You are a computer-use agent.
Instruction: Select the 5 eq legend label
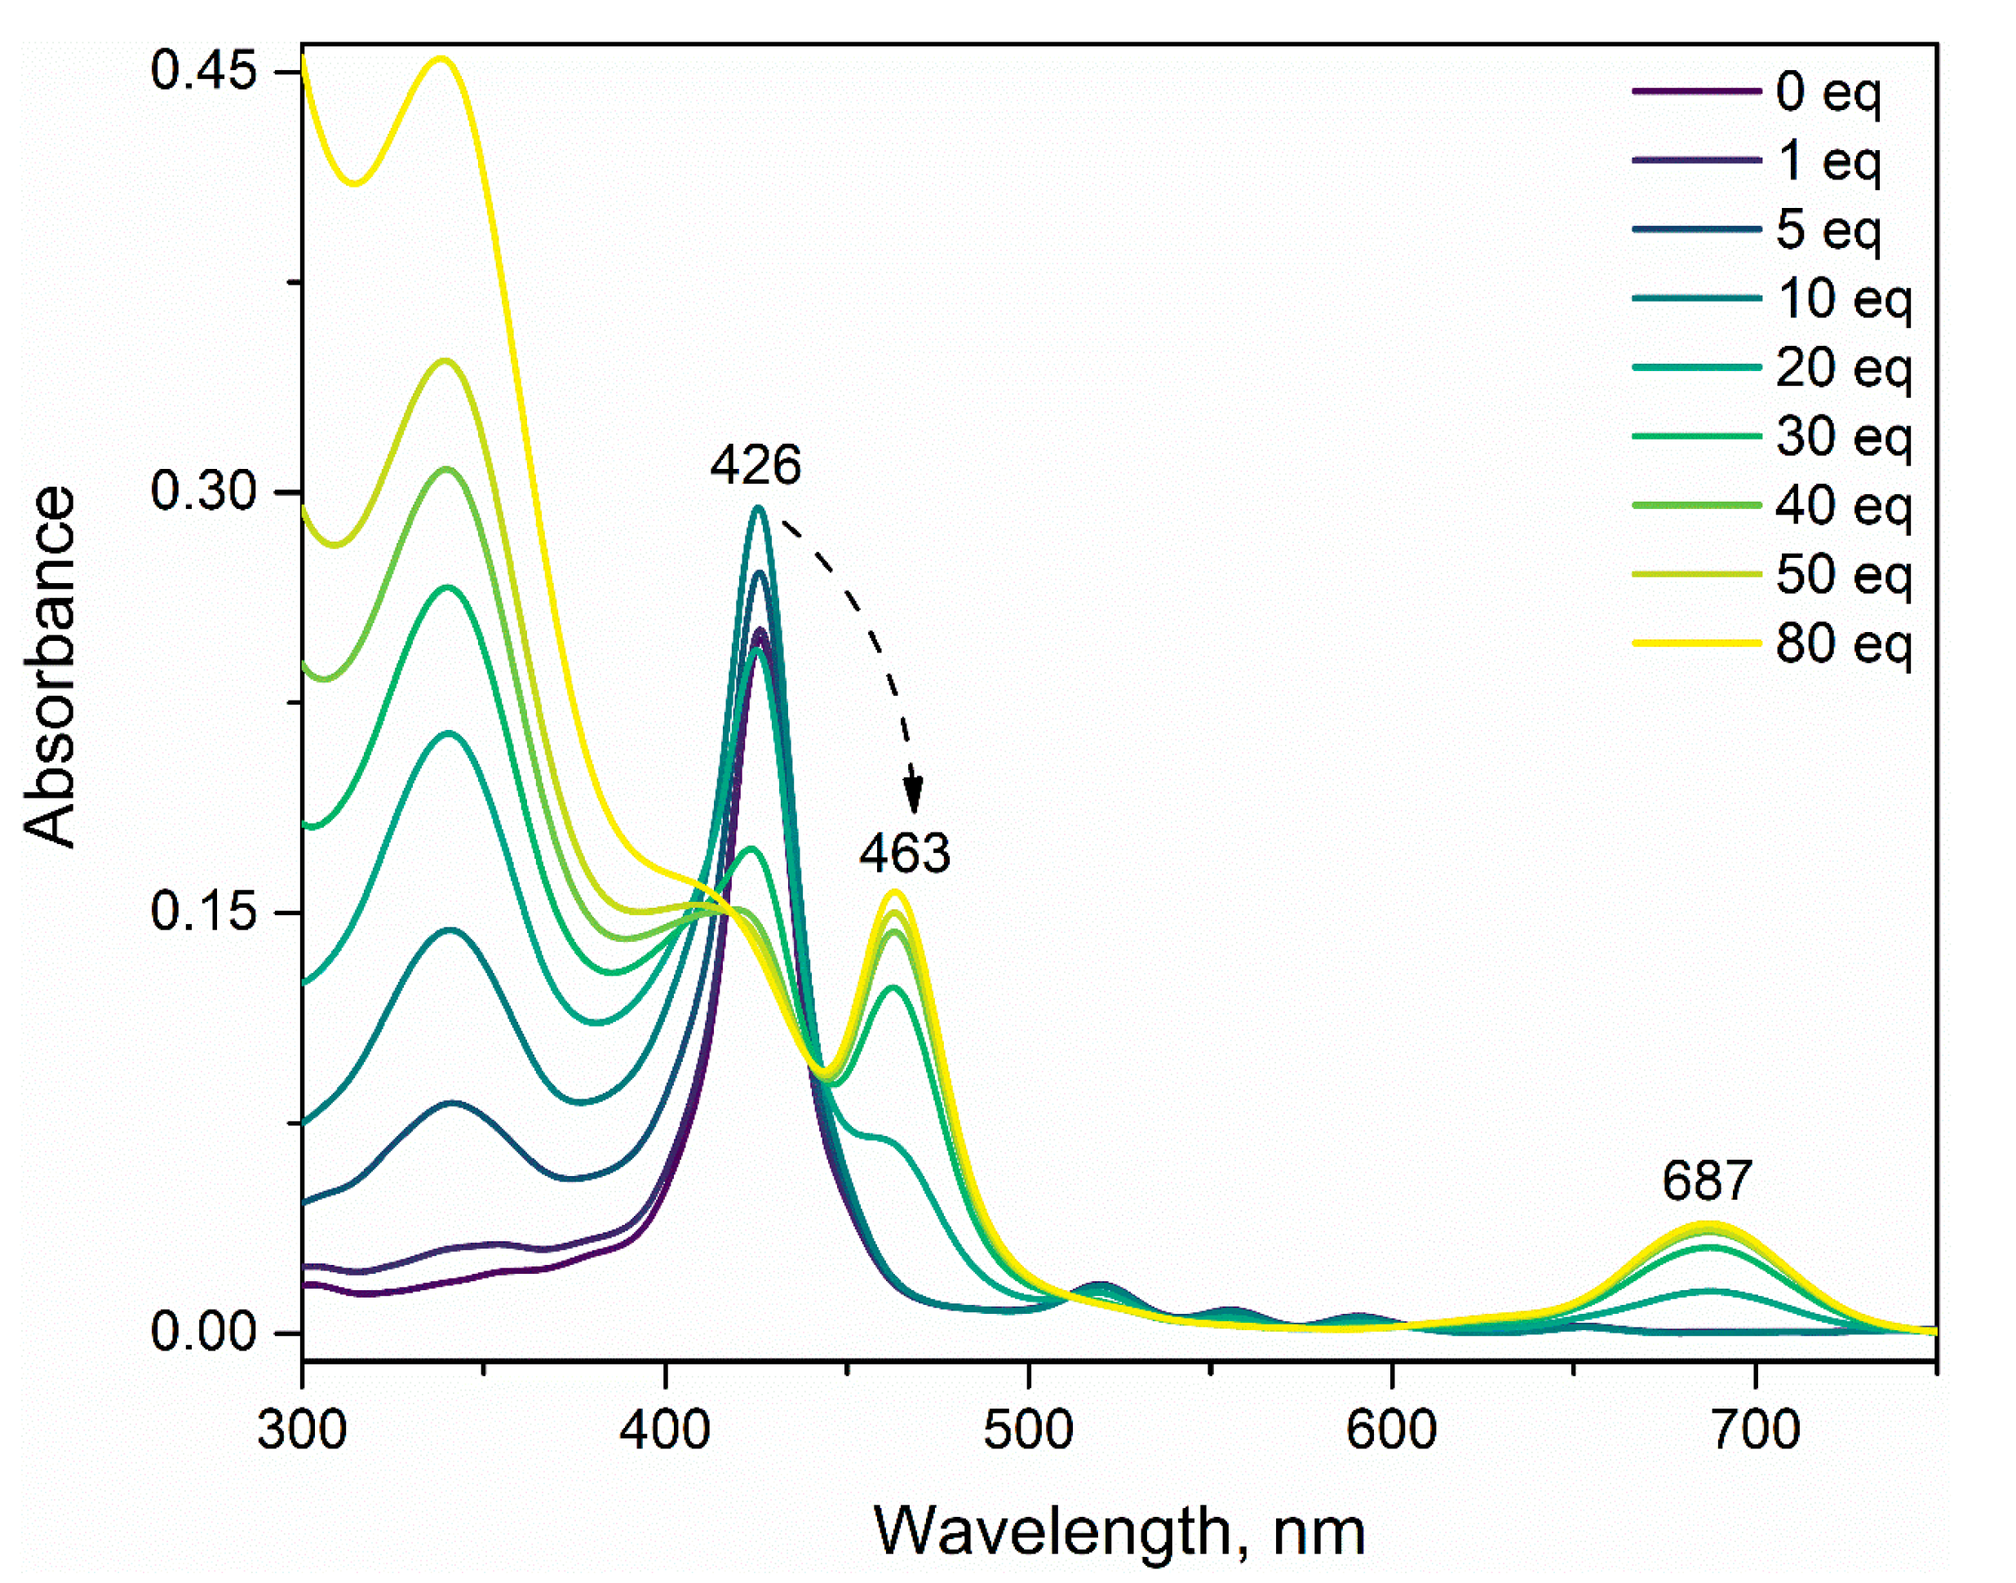tap(1827, 231)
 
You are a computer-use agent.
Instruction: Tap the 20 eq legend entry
tap(1843, 369)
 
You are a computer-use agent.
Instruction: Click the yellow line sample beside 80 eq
tap(1695, 643)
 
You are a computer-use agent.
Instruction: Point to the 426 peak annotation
tap(755, 465)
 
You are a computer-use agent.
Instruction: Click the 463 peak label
tap(905, 854)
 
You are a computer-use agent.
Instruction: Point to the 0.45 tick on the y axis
tap(203, 72)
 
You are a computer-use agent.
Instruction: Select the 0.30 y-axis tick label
tap(203, 491)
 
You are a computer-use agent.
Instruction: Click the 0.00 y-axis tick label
tap(203, 1333)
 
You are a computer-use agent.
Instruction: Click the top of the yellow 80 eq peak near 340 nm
tap(442, 60)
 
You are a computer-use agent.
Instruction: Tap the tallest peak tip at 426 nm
tap(758, 507)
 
